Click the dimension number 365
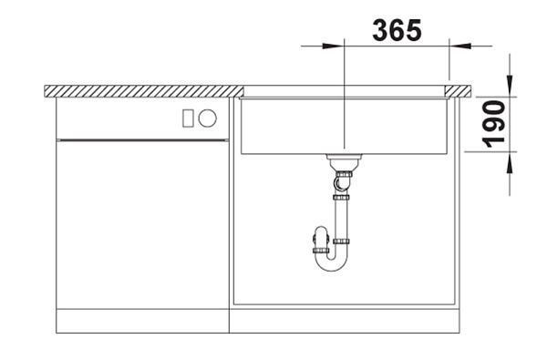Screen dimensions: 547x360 (x=397, y=30)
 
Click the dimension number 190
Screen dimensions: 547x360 (x=493, y=124)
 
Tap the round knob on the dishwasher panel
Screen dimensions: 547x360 (x=207, y=118)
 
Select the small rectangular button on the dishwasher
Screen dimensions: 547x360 (x=188, y=118)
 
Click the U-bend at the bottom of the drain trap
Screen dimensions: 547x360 (x=332, y=263)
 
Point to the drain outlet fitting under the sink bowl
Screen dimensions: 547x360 (x=343, y=162)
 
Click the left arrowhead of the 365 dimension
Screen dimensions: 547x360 (x=333, y=46)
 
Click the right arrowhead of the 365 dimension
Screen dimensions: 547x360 (x=459, y=46)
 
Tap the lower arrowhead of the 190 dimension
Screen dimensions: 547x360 (x=510, y=163)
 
